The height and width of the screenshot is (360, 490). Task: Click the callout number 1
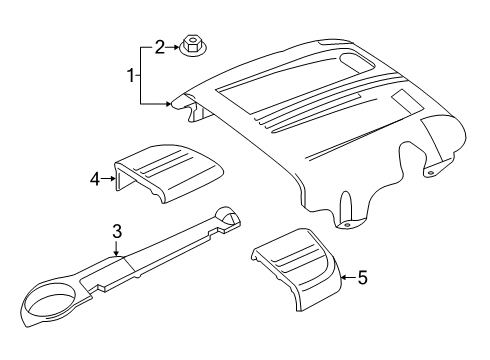(x=131, y=76)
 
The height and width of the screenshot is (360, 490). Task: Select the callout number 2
(x=160, y=47)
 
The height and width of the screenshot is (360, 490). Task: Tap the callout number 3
(x=117, y=232)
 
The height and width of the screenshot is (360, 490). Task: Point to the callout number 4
(x=95, y=180)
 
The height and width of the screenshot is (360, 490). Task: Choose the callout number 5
(x=362, y=277)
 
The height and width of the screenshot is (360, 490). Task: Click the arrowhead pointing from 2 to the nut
(x=176, y=47)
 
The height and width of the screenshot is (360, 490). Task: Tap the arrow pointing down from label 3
(x=116, y=248)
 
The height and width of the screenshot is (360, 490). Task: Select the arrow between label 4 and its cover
(x=108, y=179)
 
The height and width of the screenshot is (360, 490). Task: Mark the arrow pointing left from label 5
(x=349, y=277)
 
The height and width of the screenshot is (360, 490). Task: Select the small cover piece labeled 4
(x=168, y=172)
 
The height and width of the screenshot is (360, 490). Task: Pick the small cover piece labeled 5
(x=297, y=269)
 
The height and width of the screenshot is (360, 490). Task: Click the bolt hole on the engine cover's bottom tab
(x=347, y=225)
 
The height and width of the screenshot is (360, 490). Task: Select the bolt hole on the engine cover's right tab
(x=431, y=173)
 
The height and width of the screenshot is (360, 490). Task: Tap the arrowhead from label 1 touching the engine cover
(x=168, y=104)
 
